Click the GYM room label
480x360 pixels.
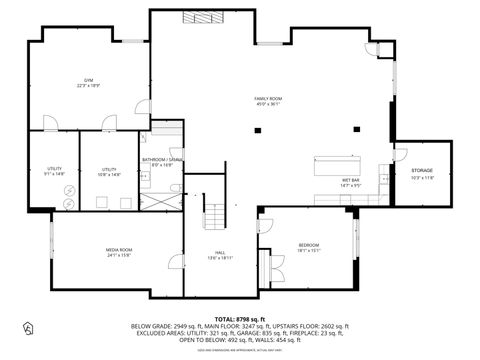click(89, 81)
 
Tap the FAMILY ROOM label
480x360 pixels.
click(268, 98)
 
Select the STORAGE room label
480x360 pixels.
click(422, 171)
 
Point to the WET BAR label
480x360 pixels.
click(349, 180)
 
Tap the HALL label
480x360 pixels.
click(219, 252)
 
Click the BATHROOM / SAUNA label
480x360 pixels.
click(160, 160)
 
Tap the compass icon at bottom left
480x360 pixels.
click(28, 327)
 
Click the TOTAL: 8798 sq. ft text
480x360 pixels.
click(239, 318)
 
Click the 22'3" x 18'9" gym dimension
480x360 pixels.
click(89, 87)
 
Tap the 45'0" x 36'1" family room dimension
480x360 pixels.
click(268, 104)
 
